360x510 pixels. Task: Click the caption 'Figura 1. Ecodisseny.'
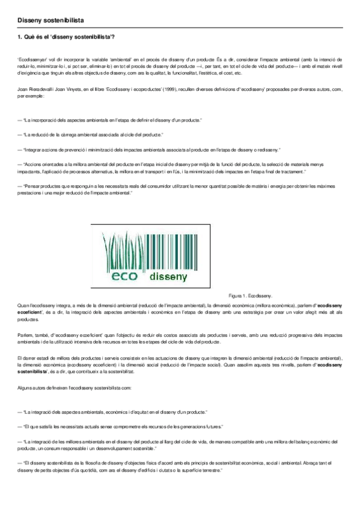(251, 296)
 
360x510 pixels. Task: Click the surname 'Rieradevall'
(40, 88)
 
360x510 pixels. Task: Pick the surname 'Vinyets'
(74, 88)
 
